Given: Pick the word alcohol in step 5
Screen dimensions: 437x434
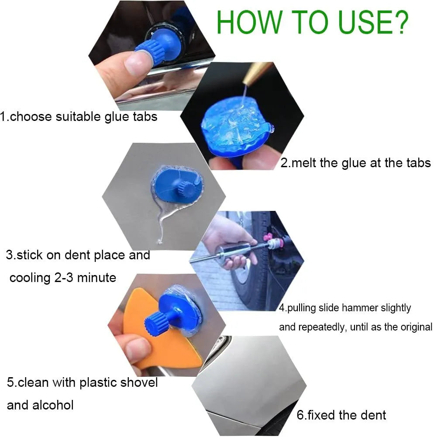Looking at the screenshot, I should (53, 405).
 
